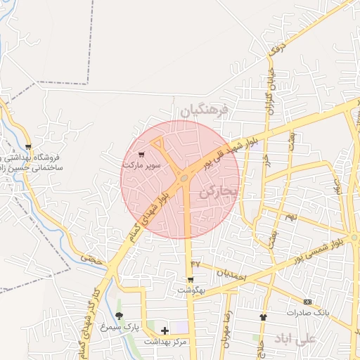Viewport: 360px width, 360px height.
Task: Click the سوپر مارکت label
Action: coord(142,165)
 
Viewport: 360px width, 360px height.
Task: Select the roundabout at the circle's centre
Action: coord(184,179)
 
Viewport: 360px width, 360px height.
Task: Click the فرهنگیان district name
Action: coord(205,111)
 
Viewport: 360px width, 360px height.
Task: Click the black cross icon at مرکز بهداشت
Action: coord(165,330)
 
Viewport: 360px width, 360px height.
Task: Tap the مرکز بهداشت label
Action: coord(165,341)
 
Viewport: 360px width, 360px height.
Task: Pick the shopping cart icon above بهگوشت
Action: coord(190,279)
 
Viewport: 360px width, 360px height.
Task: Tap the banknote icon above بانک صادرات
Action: coord(307,301)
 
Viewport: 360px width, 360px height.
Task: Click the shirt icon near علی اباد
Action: coord(264,317)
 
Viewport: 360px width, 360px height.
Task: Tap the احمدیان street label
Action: coord(229,275)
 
